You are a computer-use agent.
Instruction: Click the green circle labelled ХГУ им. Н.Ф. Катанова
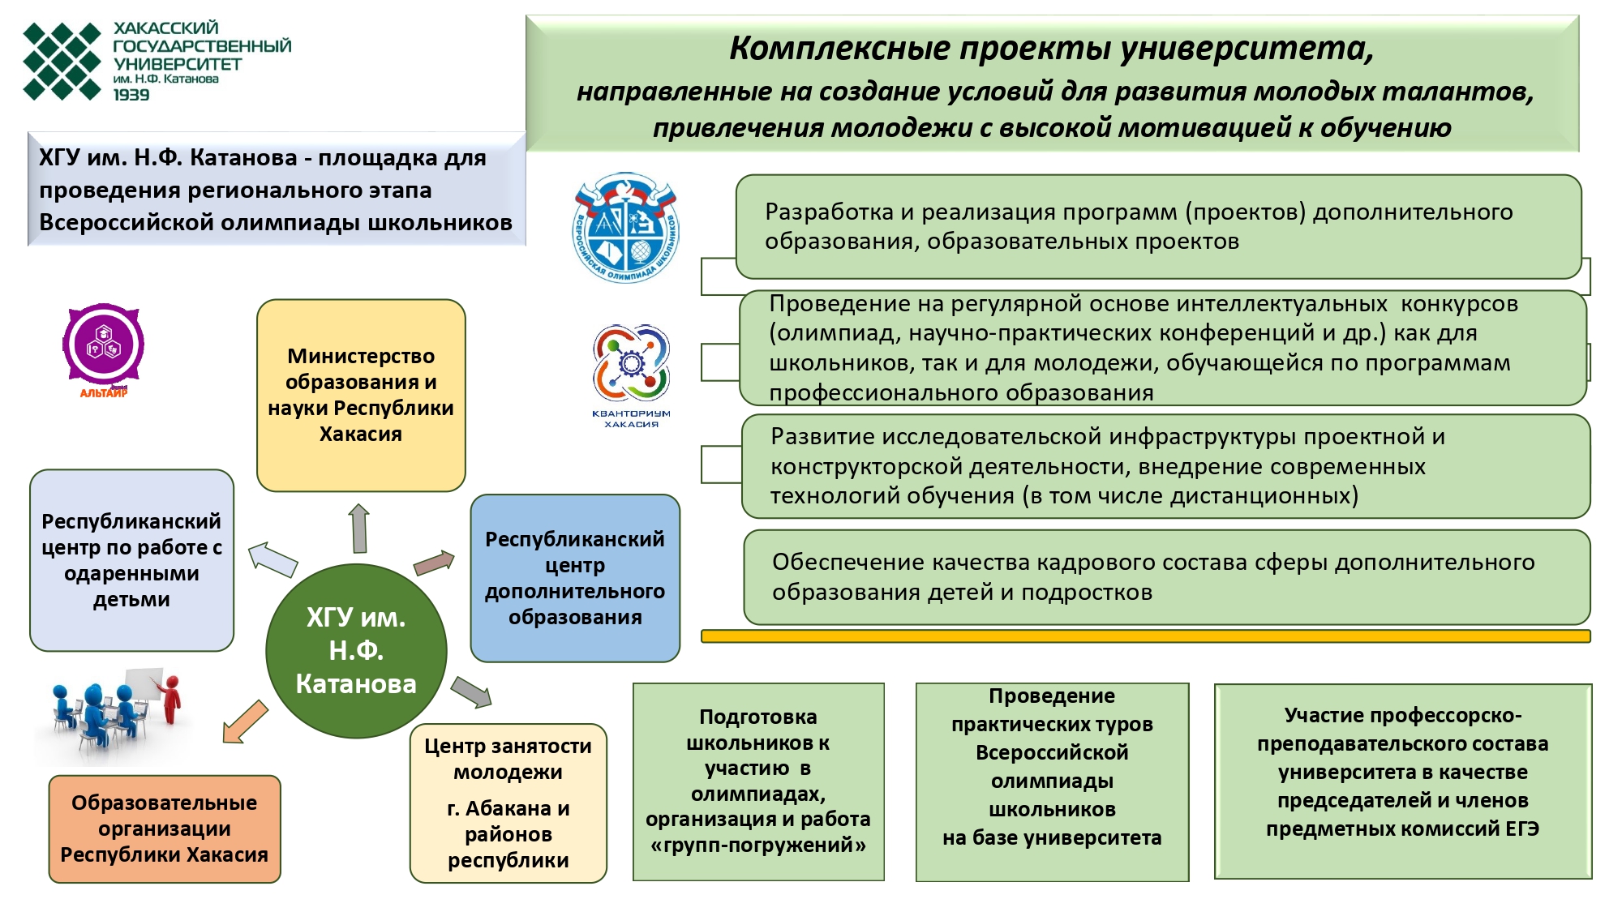[356, 651]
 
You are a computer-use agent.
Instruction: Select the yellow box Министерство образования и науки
[361, 395]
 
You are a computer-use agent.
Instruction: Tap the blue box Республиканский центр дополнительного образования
[575, 578]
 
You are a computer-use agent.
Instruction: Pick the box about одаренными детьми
[131, 560]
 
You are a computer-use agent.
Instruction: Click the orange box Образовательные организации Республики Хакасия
[165, 829]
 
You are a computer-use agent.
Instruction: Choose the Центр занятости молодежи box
[508, 803]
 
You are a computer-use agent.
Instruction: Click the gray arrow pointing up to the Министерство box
[359, 528]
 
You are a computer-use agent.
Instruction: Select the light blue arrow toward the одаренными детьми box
[272, 559]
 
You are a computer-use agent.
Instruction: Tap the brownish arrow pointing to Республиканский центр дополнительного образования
[434, 563]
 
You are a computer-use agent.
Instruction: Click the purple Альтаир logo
[104, 346]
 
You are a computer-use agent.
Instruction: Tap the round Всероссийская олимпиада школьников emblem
[625, 227]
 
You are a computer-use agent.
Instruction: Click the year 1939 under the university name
[131, 95]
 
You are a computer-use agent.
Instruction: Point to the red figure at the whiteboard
[170, 699]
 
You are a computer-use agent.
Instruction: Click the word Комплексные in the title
[839, 48]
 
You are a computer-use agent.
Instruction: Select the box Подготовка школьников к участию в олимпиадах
[758, 781]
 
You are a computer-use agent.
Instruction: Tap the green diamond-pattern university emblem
[62, 62]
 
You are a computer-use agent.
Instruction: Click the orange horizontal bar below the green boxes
[1145, 636]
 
